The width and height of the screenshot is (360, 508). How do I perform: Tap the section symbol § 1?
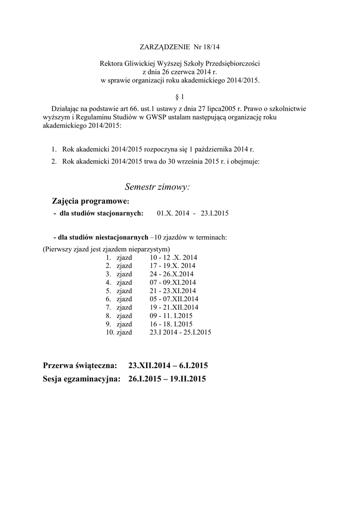180,97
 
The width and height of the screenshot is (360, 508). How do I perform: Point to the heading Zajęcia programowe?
90,201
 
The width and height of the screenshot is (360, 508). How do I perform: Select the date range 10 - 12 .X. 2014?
173,258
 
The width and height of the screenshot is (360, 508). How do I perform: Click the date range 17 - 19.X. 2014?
172,266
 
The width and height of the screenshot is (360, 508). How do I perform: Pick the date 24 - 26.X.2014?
171,274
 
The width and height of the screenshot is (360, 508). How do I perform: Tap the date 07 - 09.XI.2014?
172,282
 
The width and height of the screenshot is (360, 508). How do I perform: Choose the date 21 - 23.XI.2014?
172,291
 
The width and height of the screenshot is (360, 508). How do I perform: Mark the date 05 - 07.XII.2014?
173,299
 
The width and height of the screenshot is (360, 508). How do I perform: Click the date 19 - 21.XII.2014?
173,307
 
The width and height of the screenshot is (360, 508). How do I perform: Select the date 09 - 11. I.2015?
170,316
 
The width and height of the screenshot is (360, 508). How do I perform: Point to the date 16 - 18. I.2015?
170,324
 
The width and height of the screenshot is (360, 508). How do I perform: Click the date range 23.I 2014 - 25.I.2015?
180,332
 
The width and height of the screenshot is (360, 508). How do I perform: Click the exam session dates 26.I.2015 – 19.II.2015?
167,380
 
